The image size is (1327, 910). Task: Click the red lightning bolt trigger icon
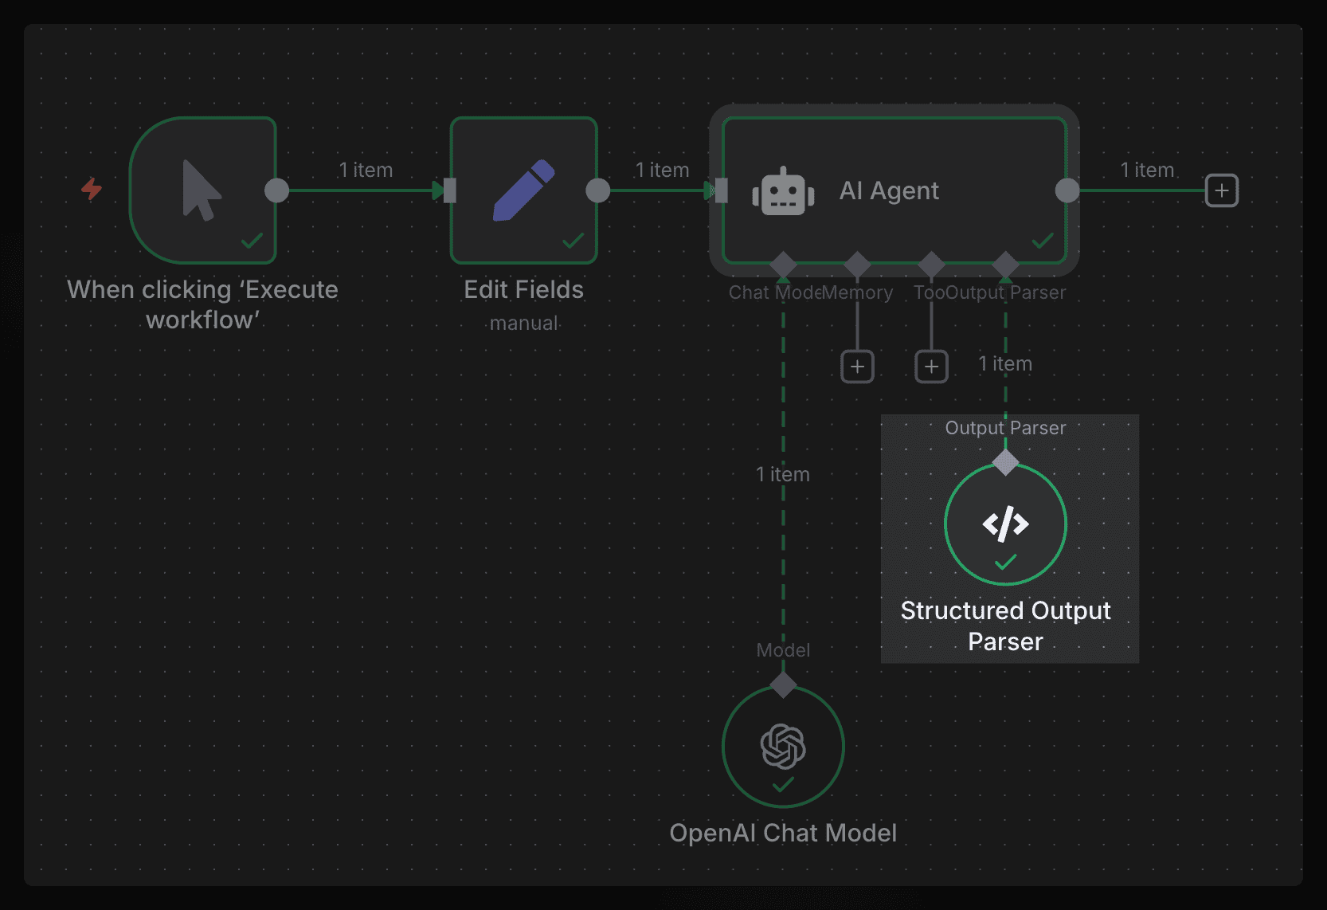pyautogui.click(x=92, y=189)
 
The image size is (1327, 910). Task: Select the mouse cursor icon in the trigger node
pyautogui.click(x=201, y=190)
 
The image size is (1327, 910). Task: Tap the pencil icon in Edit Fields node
pyautogui.click(x=523, y=190)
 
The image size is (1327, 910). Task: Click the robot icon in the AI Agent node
pyautogui.click(x=783, y=191)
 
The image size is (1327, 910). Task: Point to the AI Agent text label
pyautogui.click(x=889, y=191)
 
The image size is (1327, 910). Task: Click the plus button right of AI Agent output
pyautogui.click(x=1221, y=190)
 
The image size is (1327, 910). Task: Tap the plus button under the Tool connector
pyautogui.click(x=931, y=367)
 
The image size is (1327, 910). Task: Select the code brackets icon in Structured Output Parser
pyautogui.click(x=1005, y=524)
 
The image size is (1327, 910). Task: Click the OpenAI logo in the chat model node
pyautogui.click(x=783, y=746)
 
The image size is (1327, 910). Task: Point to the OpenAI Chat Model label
pyautogui.click(x=783, y=833)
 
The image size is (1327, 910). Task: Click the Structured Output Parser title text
pyautogui.click(x=1005, y=626)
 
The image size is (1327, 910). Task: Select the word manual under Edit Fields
pyautogui.click(x=523, y=323)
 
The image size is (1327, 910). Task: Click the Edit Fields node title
pyautogui.click(x=523, y=289)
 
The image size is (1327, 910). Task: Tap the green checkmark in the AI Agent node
pyautogui.click(x=1042, y=240)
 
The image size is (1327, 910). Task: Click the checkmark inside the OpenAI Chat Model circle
pyautogui.click(x=783, y=785)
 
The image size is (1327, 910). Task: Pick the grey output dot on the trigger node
pyautogui.click(x=276, y=190)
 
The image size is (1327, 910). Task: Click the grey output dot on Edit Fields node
pyautogui.click(x=597, y=190)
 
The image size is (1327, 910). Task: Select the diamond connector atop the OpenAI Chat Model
pyautogui.click(x=783, y=684)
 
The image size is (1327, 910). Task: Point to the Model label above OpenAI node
pyautogui.click(x=783, y=650)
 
